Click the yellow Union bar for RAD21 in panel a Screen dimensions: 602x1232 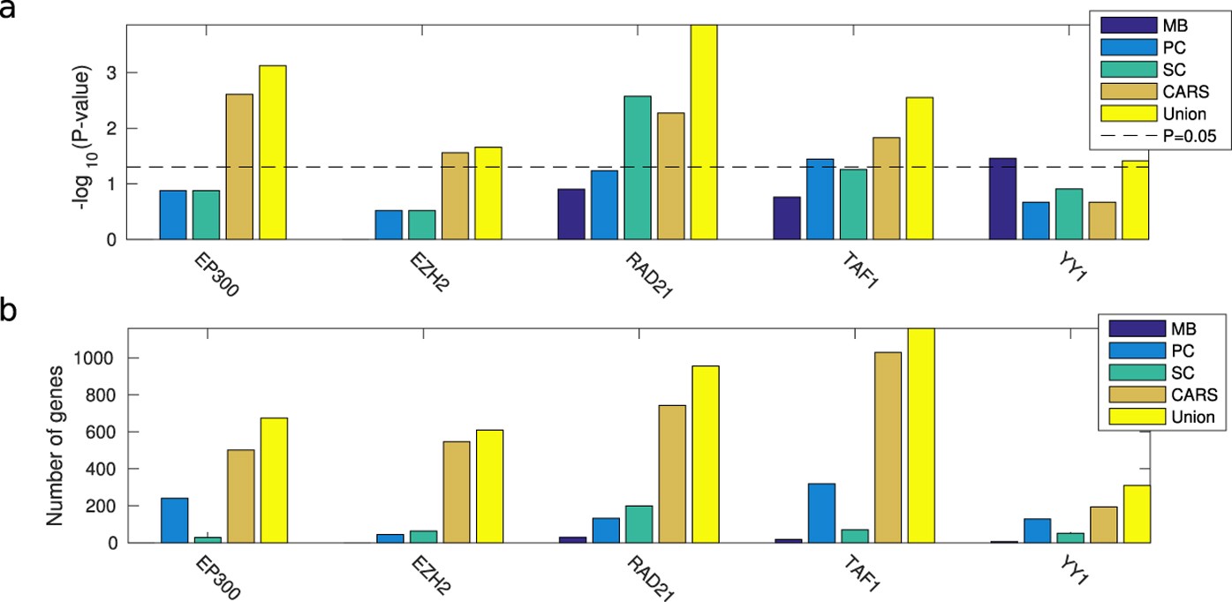(x=703, y=132)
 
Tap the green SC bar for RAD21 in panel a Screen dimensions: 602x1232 (x=637, y=168)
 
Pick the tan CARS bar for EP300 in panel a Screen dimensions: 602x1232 (x=239, y=167)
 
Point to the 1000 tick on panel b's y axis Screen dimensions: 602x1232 (x=104, y=358)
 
